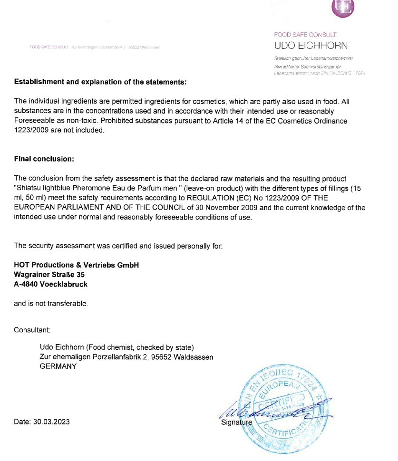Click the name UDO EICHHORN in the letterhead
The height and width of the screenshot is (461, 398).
(311, 46)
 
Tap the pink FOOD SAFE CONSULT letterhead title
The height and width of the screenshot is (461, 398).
(305, 35)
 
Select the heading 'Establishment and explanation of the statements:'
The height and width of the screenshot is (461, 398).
(100, 82)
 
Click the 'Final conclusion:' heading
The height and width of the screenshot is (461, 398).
(44, 158)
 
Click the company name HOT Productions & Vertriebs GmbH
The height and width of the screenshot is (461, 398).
(77, 265)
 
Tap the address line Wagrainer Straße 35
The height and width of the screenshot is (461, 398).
(49, 275)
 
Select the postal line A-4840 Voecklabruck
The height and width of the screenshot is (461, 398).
(51, 284)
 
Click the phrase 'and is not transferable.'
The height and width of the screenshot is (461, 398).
(51, 303)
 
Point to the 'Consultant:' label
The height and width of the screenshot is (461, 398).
(32, 329)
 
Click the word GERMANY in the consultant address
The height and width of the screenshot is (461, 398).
(58, 366)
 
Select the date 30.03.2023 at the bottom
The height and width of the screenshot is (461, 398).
(42, 422)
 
